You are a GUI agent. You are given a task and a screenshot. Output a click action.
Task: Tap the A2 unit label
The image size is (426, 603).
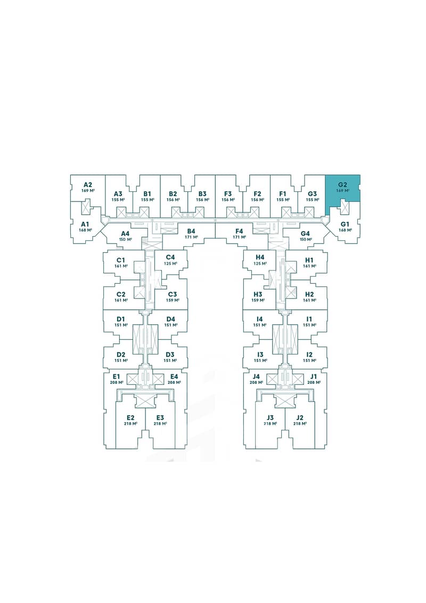tap(88, 184)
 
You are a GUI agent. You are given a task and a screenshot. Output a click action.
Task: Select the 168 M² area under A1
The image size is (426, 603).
tap(85, 230)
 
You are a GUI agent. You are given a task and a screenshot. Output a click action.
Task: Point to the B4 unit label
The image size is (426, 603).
tap(192, 231)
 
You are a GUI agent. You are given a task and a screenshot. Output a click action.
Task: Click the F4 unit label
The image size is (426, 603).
tap(239, 231)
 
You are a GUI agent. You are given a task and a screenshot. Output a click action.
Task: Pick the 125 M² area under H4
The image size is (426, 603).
tap(260, 263)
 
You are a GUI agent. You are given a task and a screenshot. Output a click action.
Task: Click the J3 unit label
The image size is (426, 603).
tap(271, 417)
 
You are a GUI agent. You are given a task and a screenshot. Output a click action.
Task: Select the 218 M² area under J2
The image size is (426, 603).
tap(300, 424)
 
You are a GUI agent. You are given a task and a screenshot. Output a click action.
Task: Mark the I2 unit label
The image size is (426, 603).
tap(309, 355)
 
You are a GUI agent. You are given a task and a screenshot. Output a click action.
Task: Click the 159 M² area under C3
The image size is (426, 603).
tap(172, 300)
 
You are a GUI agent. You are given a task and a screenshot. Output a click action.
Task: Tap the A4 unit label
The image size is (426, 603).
tap(126, 234)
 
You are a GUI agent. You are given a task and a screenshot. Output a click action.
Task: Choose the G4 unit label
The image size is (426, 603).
tap(305, 234)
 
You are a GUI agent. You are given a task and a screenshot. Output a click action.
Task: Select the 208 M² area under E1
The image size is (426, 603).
tap(117, 382)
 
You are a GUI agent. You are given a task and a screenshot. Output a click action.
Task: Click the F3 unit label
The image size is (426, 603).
tap(228, 194)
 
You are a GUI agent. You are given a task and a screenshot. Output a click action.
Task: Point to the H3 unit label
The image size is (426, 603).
tap(258, 294)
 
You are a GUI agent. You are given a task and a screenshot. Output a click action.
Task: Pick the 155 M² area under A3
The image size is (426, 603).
tap(118, 199)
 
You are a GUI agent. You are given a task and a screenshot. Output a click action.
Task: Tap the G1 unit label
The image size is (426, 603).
tap(345, 224)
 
